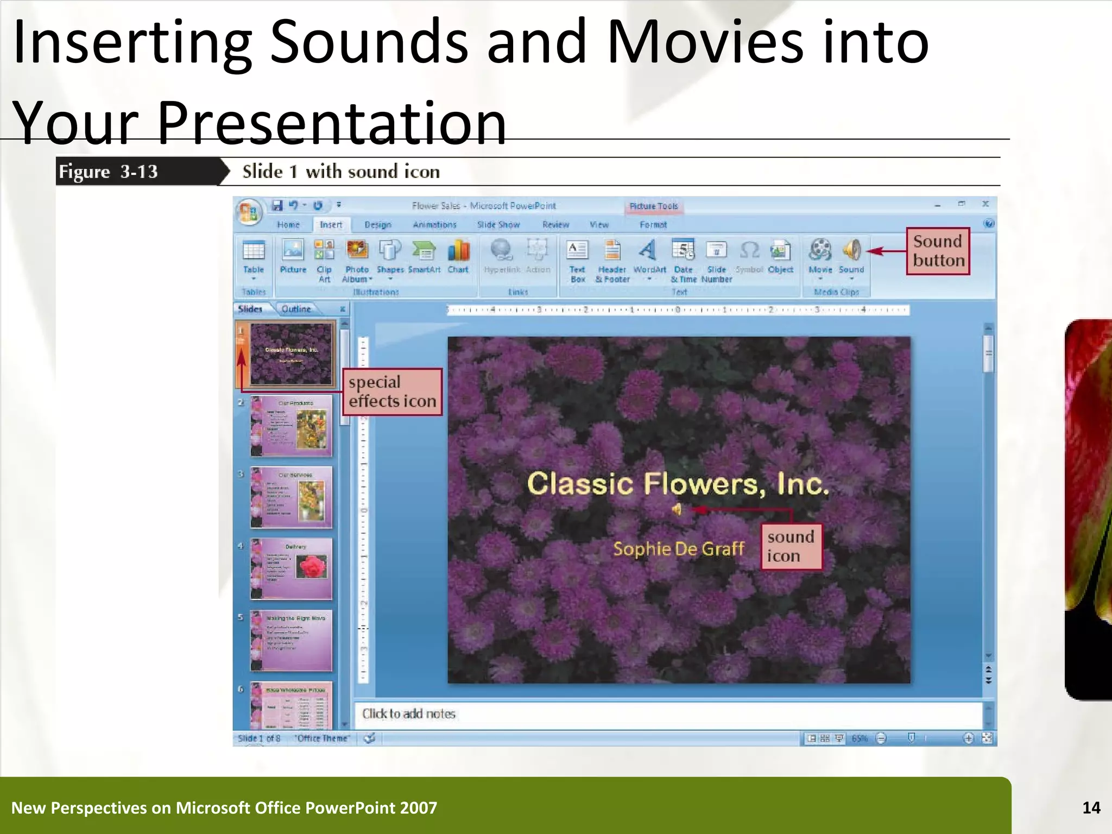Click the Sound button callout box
[938, 251]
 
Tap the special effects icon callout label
[392, 392]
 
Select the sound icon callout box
[791, 546]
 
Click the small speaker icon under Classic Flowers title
[677, 509]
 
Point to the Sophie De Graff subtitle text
[678, 548]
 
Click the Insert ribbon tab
[331, 225]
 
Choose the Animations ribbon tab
[434, 225]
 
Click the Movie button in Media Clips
[820, 256]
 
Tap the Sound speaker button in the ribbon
[851, 256]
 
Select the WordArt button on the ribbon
[649, 256]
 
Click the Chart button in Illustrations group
[458, 256]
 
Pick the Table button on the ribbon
[254, 256]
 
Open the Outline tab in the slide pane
[296, 309]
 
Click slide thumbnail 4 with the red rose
[291, 568]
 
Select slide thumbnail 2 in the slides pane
[291, 426]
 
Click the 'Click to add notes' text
[409, 713]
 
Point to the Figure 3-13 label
[109, 172]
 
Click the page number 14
[1091, 807]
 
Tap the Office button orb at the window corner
[249, 212]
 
